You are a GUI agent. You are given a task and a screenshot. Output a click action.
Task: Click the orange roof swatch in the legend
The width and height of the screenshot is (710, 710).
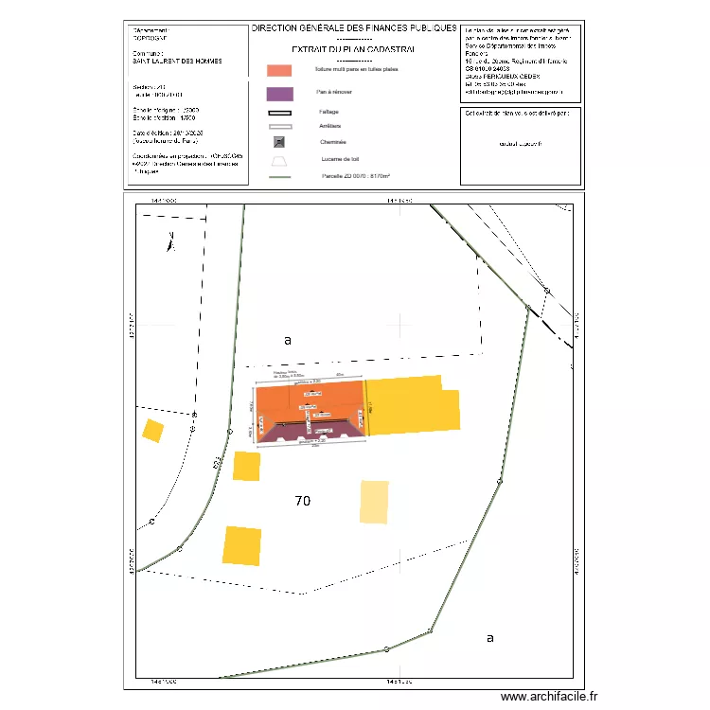tap(279, 70)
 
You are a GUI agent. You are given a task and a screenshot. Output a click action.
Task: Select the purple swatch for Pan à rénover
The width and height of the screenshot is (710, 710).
tap(279, 94)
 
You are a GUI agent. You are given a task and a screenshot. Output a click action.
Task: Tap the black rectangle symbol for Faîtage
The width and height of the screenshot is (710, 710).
tap(279, 112)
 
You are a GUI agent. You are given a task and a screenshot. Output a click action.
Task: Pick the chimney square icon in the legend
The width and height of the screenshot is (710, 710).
tap(279, 142)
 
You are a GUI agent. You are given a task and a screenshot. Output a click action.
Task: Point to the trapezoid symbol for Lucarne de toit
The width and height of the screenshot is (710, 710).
tap(279, 160)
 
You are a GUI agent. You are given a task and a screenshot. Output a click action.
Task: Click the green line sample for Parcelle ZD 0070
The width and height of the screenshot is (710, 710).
tap(279, 176)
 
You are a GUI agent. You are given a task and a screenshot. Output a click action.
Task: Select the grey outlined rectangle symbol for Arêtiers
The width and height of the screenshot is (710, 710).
tap(279, 126)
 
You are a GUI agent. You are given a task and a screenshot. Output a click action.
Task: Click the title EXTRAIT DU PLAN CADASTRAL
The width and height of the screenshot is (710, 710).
tap(354, 48)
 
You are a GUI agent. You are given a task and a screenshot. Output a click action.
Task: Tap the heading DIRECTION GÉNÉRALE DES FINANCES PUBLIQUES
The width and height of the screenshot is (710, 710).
tap(354, 29)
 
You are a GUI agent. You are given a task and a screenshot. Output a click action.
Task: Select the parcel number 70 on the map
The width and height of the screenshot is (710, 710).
tap(303, 500)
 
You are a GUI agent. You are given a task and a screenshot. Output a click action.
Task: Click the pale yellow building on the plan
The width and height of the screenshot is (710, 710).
tap(374, 502)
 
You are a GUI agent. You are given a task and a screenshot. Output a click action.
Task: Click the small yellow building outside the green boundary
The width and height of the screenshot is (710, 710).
tap(152, 431)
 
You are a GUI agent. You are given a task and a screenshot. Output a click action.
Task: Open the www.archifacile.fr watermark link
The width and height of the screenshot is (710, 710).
tap(549, 697)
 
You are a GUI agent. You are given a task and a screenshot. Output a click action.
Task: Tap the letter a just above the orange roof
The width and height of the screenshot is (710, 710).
tap(288, 339)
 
